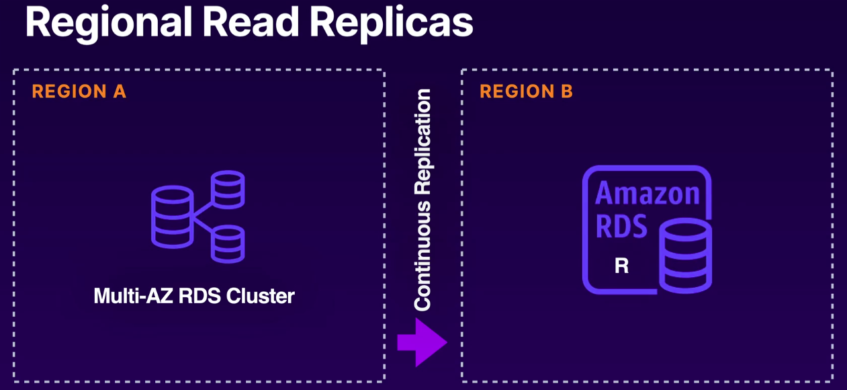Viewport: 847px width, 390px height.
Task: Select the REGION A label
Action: click(79, 92)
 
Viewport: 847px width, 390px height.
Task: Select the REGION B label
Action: click(527, 92)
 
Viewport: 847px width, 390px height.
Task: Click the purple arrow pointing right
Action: click(421, 342)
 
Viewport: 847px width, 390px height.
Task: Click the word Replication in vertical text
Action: click(422, 144)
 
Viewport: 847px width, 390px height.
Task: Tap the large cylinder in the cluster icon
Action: click(172, 216)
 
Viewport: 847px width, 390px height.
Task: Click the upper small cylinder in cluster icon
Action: click(228, 189)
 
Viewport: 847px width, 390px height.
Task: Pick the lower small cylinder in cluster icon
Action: click(228, 244)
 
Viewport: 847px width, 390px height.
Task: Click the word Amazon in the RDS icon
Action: click(648, 194)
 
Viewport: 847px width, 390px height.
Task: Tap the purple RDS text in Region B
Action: click(621, 226)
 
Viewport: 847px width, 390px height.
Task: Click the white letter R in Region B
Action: click(622, 266)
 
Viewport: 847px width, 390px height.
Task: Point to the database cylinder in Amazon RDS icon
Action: click(684, 256)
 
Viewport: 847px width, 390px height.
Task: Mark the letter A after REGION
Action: click(120, 92)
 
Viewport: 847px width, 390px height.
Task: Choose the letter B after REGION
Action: click(567, 92)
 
